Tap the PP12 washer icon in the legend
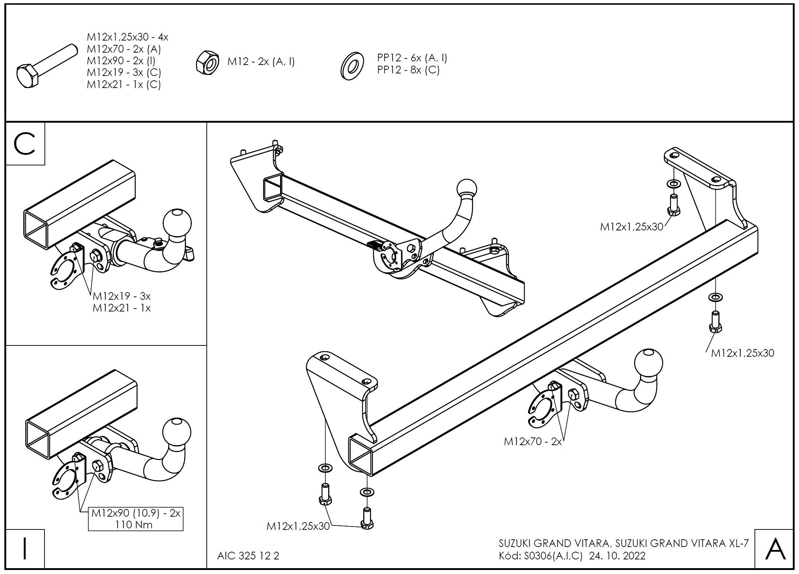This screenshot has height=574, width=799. click(x=352, y=66)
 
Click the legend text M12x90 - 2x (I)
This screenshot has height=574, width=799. click(x=121, y=61)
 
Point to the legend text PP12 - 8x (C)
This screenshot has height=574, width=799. click(x=408, y=70)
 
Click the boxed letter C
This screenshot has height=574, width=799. click(x=25, y=144)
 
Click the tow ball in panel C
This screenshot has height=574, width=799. click(x=177, y=222)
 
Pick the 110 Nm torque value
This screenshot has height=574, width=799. click(x=134, y=525)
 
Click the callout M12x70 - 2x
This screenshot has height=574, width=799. click(x=532, y=441)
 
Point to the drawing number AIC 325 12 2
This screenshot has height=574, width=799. click(x=248, y=556)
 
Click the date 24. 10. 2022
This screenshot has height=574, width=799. click(x=617, y=556)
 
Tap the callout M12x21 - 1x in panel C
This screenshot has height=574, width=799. click(x=121, y=308)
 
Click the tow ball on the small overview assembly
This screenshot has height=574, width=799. click(x=466, y=189)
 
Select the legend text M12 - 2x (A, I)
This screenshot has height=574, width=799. click(x=261, y=62)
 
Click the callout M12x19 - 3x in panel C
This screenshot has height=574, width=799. click(x=121, y=296)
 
